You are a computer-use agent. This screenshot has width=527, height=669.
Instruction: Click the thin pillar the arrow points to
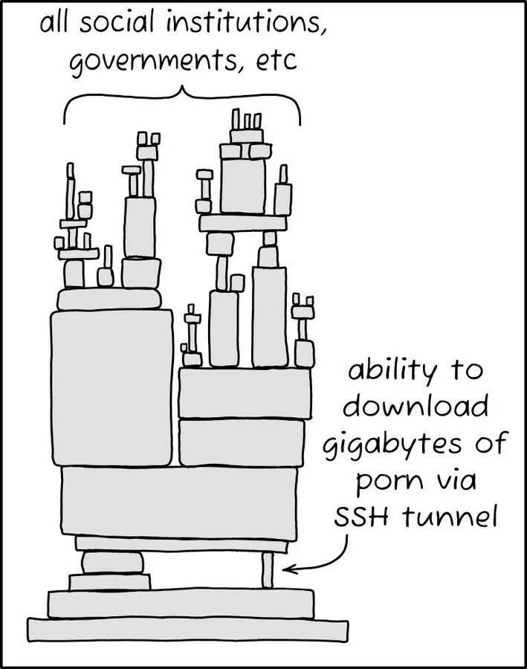tap(268, 569)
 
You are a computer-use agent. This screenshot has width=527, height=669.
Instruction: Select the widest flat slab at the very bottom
tap(188, 630)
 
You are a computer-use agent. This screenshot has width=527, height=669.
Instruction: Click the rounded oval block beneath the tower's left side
tap(113, 563)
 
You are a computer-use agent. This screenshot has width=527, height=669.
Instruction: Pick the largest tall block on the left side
tap(111, 388)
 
